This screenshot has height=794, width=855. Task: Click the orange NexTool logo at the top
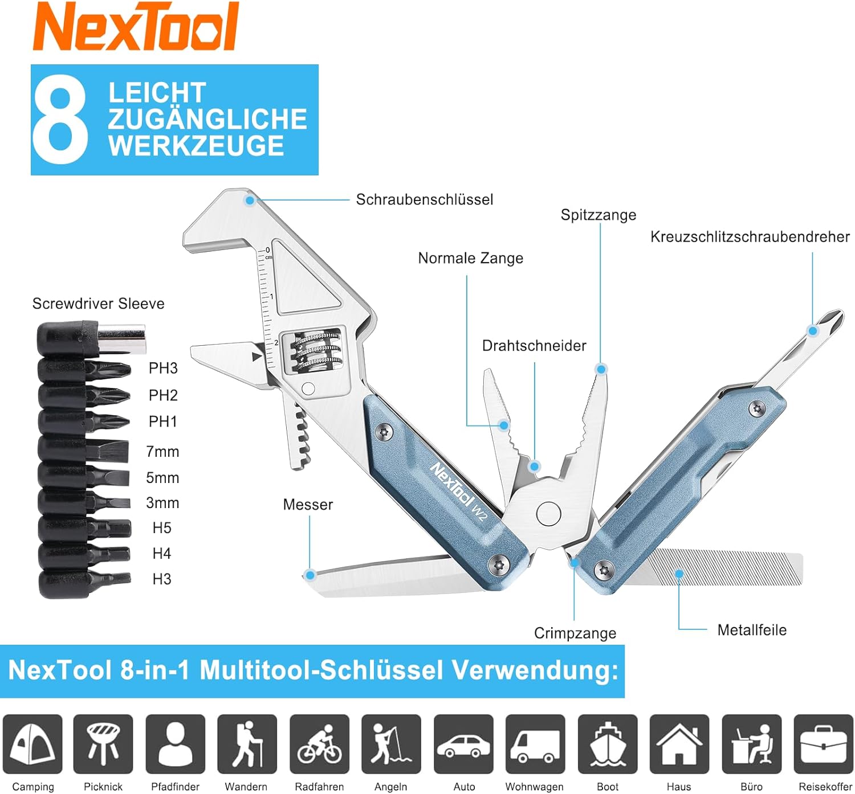point(136,27)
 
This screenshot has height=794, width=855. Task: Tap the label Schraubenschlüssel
point(425,200)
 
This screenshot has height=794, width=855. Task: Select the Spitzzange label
point(598,215)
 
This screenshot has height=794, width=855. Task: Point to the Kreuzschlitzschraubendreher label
point(750,237)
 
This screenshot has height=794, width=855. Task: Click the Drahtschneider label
point(534,346)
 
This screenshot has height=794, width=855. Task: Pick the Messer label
point(308,505)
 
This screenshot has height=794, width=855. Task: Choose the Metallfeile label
point(752,630)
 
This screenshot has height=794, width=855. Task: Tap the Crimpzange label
point(575,633)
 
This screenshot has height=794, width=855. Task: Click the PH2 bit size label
point(163,395)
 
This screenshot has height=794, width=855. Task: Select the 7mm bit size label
point(162,452)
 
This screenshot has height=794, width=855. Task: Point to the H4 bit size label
point(162,553)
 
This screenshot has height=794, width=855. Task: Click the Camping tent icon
point(32,744)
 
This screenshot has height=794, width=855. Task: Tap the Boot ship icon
point(608,744)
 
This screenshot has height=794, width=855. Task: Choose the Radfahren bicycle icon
point(319,744)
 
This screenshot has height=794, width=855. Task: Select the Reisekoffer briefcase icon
point(823,744)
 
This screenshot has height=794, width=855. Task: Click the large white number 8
point(60,119)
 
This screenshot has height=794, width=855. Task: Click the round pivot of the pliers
point(548,513)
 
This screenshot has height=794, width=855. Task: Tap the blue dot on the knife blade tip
point(310,575)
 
